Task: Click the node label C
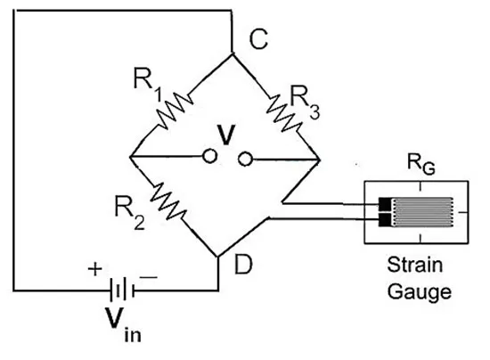coord(258,39)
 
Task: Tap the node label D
coord(243,264)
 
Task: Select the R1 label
coord(148,84)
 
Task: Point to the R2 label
coord(130,212)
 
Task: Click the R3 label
coord(305,102)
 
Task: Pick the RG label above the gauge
coord(421,164)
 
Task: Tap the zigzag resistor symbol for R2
coord(168,201)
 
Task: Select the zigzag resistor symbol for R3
coord(284,113)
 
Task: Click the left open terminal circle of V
coord(209,156)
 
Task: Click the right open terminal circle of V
coord(245,159)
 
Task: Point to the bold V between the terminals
coord(226,135)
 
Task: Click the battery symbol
coord(122,290)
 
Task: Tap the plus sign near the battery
coord(95,269)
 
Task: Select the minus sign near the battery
coord(149,277)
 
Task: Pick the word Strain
coord(415,265)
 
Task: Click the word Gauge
coord(420,292)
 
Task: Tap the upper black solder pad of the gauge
coord(384,204)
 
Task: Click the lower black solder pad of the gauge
coord(384,220)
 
